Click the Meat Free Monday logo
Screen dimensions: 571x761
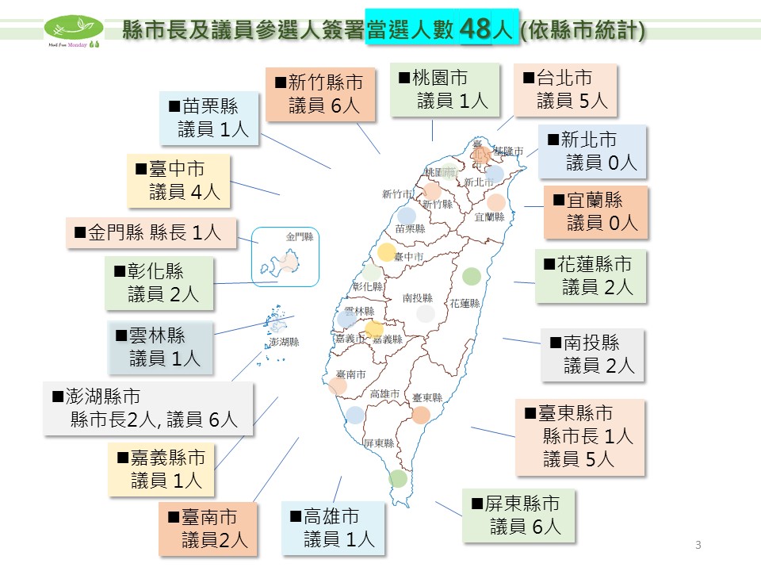point(74,32)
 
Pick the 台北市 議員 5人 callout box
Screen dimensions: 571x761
point(564,89)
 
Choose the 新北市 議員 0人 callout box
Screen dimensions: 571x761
point(591,151)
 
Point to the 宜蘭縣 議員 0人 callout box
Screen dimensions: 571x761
point(595,212)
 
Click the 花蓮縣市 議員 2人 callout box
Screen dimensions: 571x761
point(591,276)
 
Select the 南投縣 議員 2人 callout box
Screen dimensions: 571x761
point(592,354)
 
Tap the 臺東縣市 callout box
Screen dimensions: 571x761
point(579,436)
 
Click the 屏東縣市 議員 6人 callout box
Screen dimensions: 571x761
point(518,515)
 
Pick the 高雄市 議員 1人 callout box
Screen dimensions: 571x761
point(332,528)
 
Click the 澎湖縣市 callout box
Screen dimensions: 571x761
point(148,408)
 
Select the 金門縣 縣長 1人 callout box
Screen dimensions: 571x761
point(151,232)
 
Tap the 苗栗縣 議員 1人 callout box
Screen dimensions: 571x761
point(209,118)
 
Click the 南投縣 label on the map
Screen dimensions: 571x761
point(418,298)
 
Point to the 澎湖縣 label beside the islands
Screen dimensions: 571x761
point(285,342)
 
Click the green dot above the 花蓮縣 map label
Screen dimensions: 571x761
point(472,276)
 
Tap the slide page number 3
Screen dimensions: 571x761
point(698,544)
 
